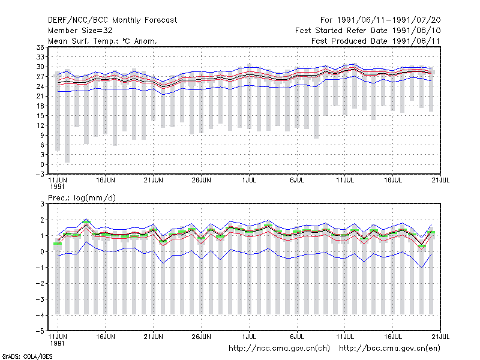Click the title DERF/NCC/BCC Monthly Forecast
point(112,20)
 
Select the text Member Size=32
point(80,31)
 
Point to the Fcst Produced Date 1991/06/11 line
point(376,41)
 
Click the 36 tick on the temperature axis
point(40,47)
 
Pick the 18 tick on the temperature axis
point(40,106)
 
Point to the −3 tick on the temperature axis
point(40,175)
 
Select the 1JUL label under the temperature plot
point(249,181)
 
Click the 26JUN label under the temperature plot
point(201,181)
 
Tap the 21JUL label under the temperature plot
point(440,181)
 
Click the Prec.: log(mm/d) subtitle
point(82,198)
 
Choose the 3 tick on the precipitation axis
point(42,204)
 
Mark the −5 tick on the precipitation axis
point(40,331)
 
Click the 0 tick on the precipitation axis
point(42,251)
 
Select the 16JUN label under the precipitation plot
point(106,337)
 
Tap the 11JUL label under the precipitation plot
point(344,337)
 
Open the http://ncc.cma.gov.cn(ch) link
point(279,349)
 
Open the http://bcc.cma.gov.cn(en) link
point(389,349)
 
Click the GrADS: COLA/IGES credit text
point(27,356)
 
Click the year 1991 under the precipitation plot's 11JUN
point(57,343)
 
